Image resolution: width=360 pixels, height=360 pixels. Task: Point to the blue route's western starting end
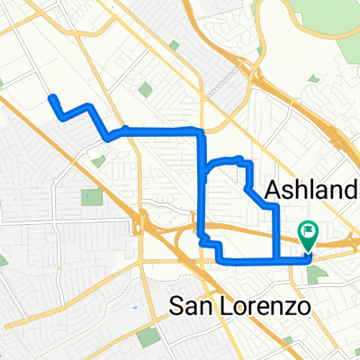click(51, 97)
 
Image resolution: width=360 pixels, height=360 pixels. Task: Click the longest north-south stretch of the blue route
click(201, 184)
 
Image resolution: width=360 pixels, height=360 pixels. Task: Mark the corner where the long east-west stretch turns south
click(201, 132)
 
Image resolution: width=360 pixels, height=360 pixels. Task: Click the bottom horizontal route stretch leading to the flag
click(261, 262)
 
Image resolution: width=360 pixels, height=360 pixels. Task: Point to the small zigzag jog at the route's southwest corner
click(209, 244)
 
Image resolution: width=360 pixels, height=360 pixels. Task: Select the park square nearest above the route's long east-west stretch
click(146, 89)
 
